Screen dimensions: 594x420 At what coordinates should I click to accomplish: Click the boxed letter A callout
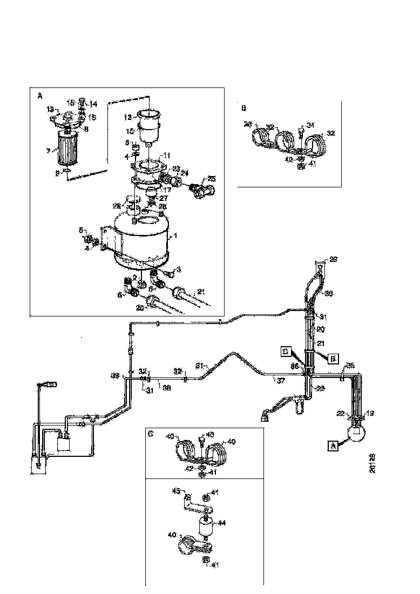click(x=333, y=446)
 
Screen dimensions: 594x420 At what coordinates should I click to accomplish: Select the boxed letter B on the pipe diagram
click(x=333, y=357)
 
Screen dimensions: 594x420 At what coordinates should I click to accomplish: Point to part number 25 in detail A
click(x=212, y=179)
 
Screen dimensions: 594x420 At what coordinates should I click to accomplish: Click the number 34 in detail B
click(x=310, y=126)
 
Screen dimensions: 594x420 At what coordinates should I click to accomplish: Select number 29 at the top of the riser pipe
click(x=333, y=260)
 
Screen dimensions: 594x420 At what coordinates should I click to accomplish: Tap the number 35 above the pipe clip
click(x=350, y=366)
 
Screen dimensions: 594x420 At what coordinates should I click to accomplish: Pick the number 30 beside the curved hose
click(x=329, y=294)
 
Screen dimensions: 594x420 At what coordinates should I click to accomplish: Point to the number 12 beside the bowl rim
click(x=127, y=117)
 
